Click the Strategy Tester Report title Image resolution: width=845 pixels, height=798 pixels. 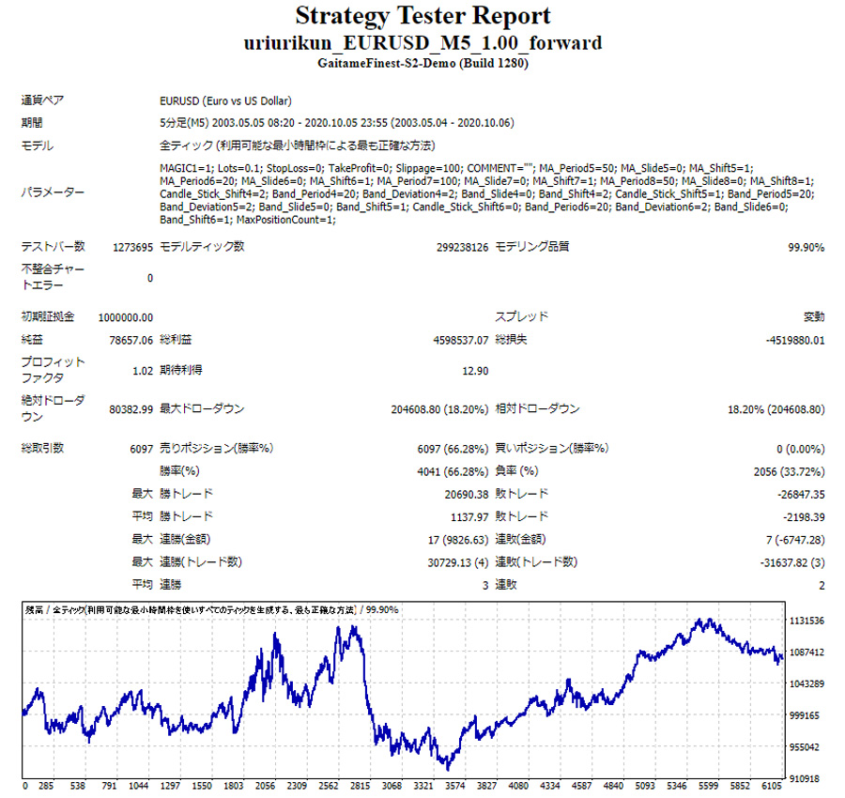point(422,16)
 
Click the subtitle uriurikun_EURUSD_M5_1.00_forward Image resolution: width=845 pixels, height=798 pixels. point(422,43)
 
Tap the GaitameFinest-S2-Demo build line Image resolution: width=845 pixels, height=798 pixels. point(422,64)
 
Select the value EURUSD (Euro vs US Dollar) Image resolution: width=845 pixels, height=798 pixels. point(225,101)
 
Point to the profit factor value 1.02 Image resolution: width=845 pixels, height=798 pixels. point(143,371)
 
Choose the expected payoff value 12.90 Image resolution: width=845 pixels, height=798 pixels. point(475,371)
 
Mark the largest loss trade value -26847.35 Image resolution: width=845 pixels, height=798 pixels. point(798,494)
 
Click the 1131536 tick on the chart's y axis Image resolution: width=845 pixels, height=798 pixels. point(806,621)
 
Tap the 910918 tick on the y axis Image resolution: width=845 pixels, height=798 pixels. point(807,778)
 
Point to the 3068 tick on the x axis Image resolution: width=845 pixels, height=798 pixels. point(392,787)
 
